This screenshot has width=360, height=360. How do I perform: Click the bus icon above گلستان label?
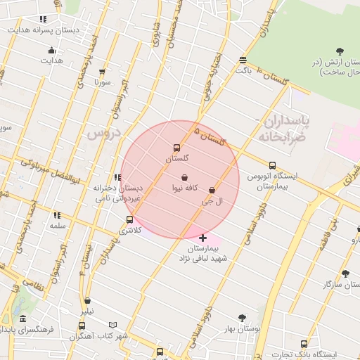coord(176,148)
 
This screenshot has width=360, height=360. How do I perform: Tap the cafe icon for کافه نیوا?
coord(184,177)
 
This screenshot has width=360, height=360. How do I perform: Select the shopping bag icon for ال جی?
coord(212,190)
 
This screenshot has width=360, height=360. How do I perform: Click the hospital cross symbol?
coord(203,238)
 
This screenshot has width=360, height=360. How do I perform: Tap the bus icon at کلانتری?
coord(129,219)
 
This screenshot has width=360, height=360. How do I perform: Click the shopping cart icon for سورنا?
coord(103,72)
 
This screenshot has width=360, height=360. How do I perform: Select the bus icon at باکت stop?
coord(243,60)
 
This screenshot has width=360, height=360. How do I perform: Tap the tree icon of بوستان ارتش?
coord(340,51)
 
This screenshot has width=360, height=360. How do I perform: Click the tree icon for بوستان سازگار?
coord(345,274)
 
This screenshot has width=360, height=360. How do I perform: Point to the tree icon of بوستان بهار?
coord(243,318)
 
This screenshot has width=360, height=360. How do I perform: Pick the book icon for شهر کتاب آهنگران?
coord(113,326)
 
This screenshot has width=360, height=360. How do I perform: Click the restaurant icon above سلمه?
coord(56,215)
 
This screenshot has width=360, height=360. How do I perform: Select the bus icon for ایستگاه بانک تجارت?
coord(304,344)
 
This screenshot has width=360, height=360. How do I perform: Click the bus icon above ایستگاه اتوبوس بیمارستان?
coord(272,165)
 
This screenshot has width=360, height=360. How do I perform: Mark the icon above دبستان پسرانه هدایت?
coord(43,20)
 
